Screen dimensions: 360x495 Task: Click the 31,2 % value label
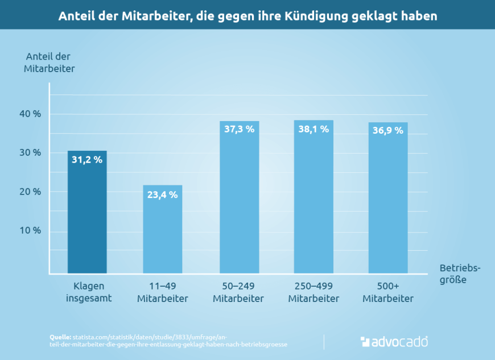87,160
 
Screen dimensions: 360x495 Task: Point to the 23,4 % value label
162,195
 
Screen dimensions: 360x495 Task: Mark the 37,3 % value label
239,129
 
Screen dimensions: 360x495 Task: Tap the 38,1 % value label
313,129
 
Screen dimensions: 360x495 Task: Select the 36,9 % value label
388,130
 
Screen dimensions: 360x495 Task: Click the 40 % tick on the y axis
30,114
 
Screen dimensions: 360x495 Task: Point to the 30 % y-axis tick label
30,152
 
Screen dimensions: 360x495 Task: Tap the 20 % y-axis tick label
30,192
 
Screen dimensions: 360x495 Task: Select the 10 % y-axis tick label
30,231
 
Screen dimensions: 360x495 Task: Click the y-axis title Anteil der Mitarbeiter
49,62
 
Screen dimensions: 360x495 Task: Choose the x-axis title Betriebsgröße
460,274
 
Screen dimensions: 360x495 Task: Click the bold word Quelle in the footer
61,337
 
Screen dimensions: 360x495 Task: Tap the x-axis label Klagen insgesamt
89,292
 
